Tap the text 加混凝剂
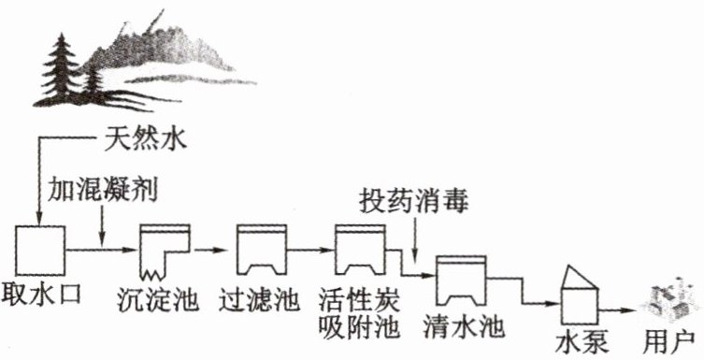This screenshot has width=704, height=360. tap(103, 189)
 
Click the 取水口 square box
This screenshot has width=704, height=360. tap(40, 251)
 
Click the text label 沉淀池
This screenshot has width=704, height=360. tap(158, 300)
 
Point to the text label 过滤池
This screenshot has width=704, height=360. tap(260, 299)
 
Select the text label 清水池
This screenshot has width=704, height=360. tap(465, 326)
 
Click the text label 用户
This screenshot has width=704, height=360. tap(669, 344)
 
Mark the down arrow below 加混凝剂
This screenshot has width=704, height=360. tap(102, 225)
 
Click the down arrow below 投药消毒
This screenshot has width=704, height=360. tap(415, 240)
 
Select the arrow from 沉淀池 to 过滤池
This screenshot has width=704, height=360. tap(209, 250)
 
